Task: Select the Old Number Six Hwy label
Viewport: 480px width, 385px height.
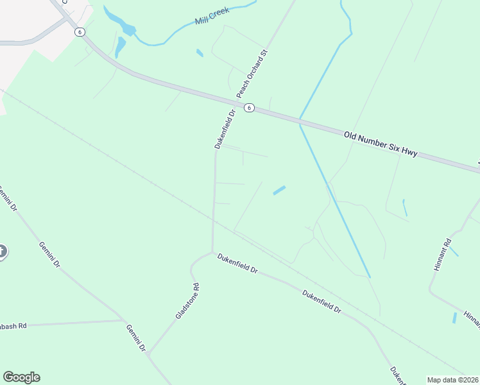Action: [x=381, y=144]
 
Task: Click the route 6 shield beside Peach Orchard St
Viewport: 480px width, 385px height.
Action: [x=250, y=108]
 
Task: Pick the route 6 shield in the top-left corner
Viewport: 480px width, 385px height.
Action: [x=79, y=32]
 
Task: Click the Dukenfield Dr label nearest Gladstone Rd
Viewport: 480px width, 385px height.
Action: [x=237, y=263]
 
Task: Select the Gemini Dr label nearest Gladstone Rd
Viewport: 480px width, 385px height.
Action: [x=137, y=338]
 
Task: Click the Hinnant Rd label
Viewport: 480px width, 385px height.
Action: [x=443, y=255]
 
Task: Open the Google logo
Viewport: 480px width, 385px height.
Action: [x=21, y=377]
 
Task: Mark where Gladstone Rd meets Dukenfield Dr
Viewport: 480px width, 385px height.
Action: [x=212, y=253]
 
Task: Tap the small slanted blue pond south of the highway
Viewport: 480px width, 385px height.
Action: [x=279, y=190]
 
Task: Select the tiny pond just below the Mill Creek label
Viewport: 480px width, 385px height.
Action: [x=200, y=53]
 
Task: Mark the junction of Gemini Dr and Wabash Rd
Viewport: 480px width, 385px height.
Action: [x=123, y=320]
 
